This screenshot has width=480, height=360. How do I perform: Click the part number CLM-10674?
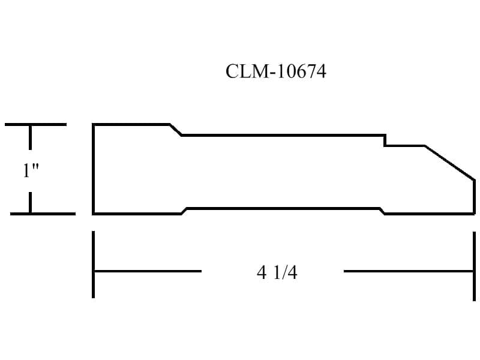coord(276,71)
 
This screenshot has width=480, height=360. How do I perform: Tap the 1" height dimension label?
coord(31,170)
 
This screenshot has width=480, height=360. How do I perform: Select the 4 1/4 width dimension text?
coord(277,272)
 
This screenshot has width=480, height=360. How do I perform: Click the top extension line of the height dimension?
coord(35,125)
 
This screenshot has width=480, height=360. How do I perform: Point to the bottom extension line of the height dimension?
coord(43,214)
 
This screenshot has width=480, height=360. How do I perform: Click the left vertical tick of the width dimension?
coord(94,265)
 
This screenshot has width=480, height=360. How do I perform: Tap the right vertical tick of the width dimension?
coord(474,266)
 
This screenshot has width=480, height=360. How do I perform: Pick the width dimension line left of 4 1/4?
coord(148,271)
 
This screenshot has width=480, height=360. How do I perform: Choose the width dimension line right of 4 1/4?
coord(409,271)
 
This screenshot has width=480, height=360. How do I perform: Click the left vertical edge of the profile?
coord(94,169)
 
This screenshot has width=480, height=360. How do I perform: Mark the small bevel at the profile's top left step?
coord(176,130)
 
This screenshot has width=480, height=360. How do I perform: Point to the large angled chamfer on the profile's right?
coord(450,163)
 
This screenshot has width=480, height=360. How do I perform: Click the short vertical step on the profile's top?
coord(385,140)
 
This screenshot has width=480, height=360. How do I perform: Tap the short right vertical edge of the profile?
coord(474,197)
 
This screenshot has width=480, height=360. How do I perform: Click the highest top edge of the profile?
coord(131,125)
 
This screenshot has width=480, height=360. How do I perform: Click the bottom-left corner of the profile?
coord(94,214)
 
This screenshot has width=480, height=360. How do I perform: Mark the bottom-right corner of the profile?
coord(474,214)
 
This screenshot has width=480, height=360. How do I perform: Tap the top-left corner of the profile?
coord(94,125)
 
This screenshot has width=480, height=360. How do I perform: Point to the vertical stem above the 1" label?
coord(30,137)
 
